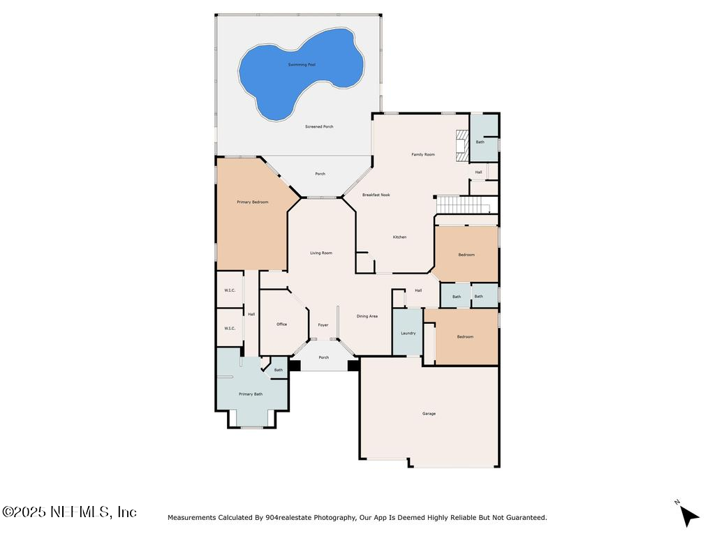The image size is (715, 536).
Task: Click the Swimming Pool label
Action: tap(302, 64)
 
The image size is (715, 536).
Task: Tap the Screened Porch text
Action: tap(319, 126)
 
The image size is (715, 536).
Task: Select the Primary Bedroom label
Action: tap(253, 202)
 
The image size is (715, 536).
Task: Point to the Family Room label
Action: tap(423, 154)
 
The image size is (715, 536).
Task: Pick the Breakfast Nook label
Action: tap(376, 195)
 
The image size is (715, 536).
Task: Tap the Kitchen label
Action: tap(399, 237)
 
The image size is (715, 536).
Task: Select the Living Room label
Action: tap(321, 253)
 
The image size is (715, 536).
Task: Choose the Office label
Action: tap(281, 325)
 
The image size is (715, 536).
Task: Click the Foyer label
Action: tap(323, 325)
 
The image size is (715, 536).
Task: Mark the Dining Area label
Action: tap(367, 316)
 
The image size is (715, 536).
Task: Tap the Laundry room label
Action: tap(408, 333)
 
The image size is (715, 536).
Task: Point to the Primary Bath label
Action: tap(251, 394)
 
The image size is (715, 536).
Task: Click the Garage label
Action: tap(429, 414)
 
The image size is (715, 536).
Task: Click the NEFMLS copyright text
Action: tap(69, 512)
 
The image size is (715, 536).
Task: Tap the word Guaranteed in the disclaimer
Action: tap(524, 518)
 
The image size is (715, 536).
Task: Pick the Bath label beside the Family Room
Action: tap(480, 142)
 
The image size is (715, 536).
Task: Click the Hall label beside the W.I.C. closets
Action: tap(251, 314)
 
